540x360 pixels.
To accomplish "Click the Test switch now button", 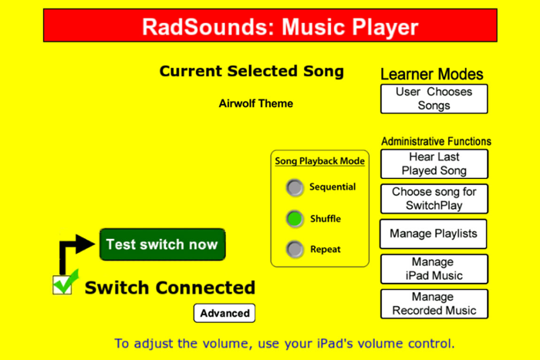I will pos(162,244).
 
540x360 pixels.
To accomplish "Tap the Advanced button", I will pos(224,313).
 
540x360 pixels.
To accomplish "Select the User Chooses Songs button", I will pos(434,99).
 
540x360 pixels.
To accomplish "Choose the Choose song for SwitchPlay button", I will pos(434,199).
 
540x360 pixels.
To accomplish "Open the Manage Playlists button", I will pos(434,234).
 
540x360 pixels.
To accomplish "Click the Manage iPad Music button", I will pos(434,269).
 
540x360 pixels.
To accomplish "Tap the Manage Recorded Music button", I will pos(434,304).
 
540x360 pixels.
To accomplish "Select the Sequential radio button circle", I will pos(295,187).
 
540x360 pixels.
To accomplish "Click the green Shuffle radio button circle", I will pos(295,219).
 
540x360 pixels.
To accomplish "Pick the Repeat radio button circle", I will pos(295,250).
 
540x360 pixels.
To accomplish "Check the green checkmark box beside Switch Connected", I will pos(62,284).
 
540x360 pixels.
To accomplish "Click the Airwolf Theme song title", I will pos(256,103).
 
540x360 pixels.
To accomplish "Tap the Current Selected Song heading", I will pos(251,72).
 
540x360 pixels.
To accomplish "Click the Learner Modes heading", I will pos(432,74).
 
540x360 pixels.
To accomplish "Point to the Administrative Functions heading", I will pos(436,141).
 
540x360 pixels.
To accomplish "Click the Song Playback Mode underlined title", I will pos(319,161).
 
